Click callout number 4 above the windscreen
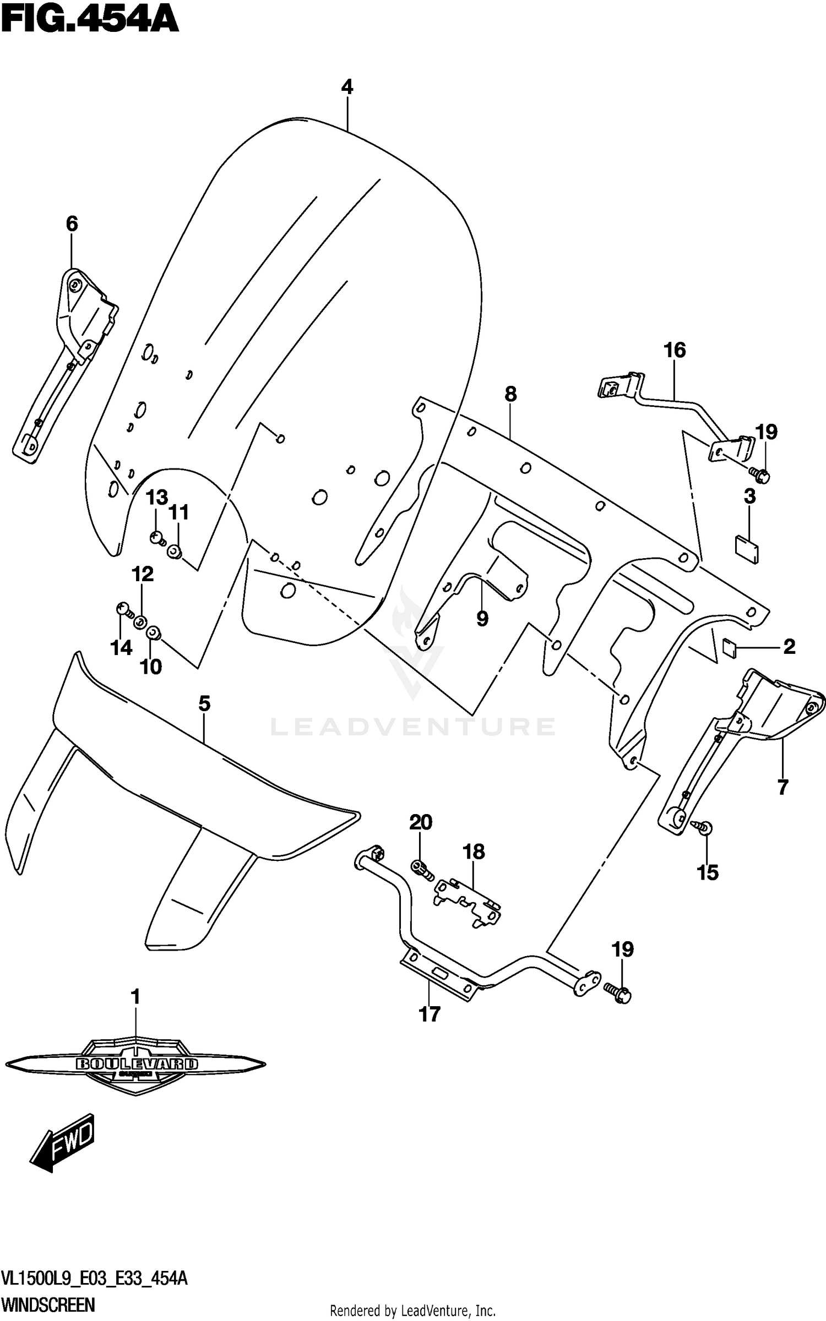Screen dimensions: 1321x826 tap(347, 87)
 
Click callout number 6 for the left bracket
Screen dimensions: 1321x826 tap(72, 224)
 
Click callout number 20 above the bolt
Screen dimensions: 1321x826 tap(421, 822)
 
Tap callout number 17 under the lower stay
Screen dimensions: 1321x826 tap(430, 1014)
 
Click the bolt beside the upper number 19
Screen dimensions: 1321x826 tap(759, 474)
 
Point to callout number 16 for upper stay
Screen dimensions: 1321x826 tap(675, 350)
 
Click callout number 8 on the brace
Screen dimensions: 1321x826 tap(510, 394)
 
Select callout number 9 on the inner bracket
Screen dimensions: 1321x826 tap(482, 619)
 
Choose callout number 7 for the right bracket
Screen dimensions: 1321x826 tap(782, 788)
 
